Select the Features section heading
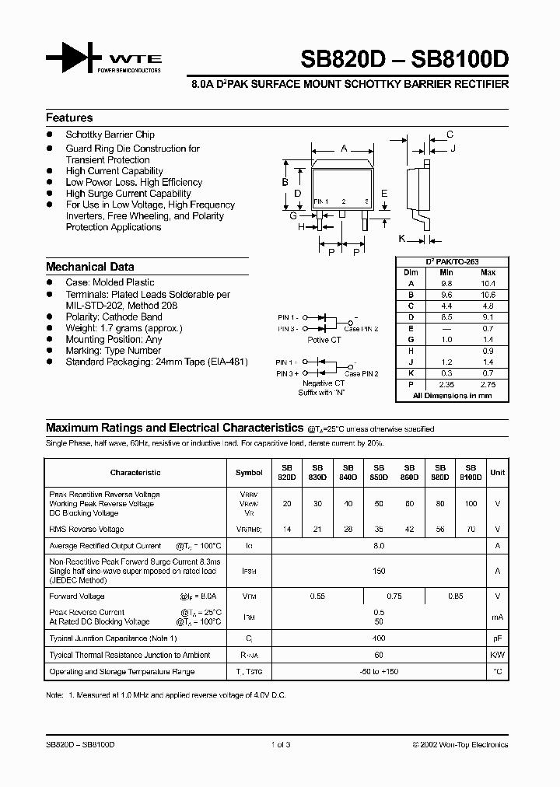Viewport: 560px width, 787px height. (69, 118)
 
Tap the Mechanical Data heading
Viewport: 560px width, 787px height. (89, 267)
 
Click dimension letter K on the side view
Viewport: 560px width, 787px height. (402, 238)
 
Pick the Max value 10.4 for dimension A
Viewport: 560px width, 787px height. (488, 284)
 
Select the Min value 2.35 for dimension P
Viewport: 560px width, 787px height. (446, 384)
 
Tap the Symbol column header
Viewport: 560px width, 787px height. (249, 472)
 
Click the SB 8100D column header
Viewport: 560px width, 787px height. (470, 472)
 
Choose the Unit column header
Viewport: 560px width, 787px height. (498, 472)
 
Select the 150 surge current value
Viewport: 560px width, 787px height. (379, 571)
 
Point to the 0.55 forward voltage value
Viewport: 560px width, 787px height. (317, 596)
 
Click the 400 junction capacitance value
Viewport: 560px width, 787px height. (379, 638)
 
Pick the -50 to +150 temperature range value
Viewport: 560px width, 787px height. (379, 671)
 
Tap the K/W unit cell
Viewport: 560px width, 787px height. (498, 655)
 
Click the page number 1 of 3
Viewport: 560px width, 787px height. (280, 744)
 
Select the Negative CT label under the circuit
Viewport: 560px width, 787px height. (324, 383)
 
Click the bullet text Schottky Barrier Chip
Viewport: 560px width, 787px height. (110, 135)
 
